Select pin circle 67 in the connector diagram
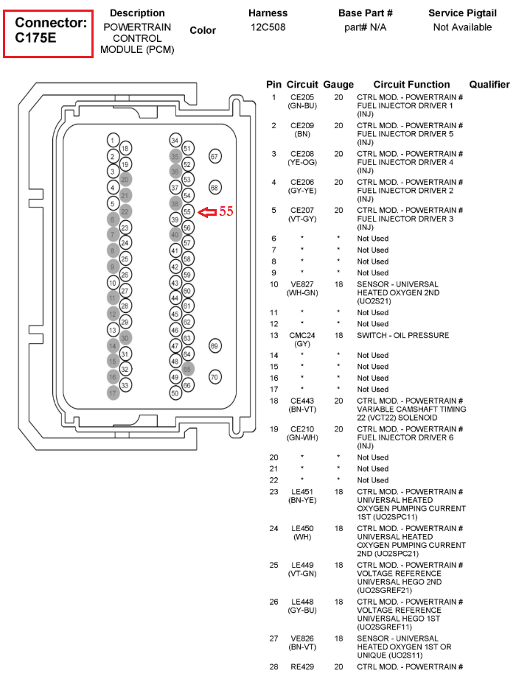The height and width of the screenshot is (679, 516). [215, 157]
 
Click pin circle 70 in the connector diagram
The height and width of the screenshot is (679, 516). [215, 377]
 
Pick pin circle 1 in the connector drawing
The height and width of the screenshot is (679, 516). [112, 141]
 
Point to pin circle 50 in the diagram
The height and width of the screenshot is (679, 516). [175, 393]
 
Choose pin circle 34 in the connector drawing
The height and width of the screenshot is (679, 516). [175, 141]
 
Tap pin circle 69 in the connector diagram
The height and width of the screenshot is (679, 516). [215, 345]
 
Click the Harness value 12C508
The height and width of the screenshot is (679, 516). [268, 27]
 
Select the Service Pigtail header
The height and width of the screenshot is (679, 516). [462, 13]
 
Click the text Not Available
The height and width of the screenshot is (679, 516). [462, 27]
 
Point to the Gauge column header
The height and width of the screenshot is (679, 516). [338, 85]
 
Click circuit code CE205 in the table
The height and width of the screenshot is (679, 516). [302, 97]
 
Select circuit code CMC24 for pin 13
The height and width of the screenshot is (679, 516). [302, 335]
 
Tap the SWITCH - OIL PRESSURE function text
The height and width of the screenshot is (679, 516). [403, 335]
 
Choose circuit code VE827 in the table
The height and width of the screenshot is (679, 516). [302, 284]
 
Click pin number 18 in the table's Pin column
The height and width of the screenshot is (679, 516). [273, 401]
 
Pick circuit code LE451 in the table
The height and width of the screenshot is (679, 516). [302, 491]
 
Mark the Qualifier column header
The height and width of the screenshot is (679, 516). [489, 85]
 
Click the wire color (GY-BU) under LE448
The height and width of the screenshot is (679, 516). [302, 611]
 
